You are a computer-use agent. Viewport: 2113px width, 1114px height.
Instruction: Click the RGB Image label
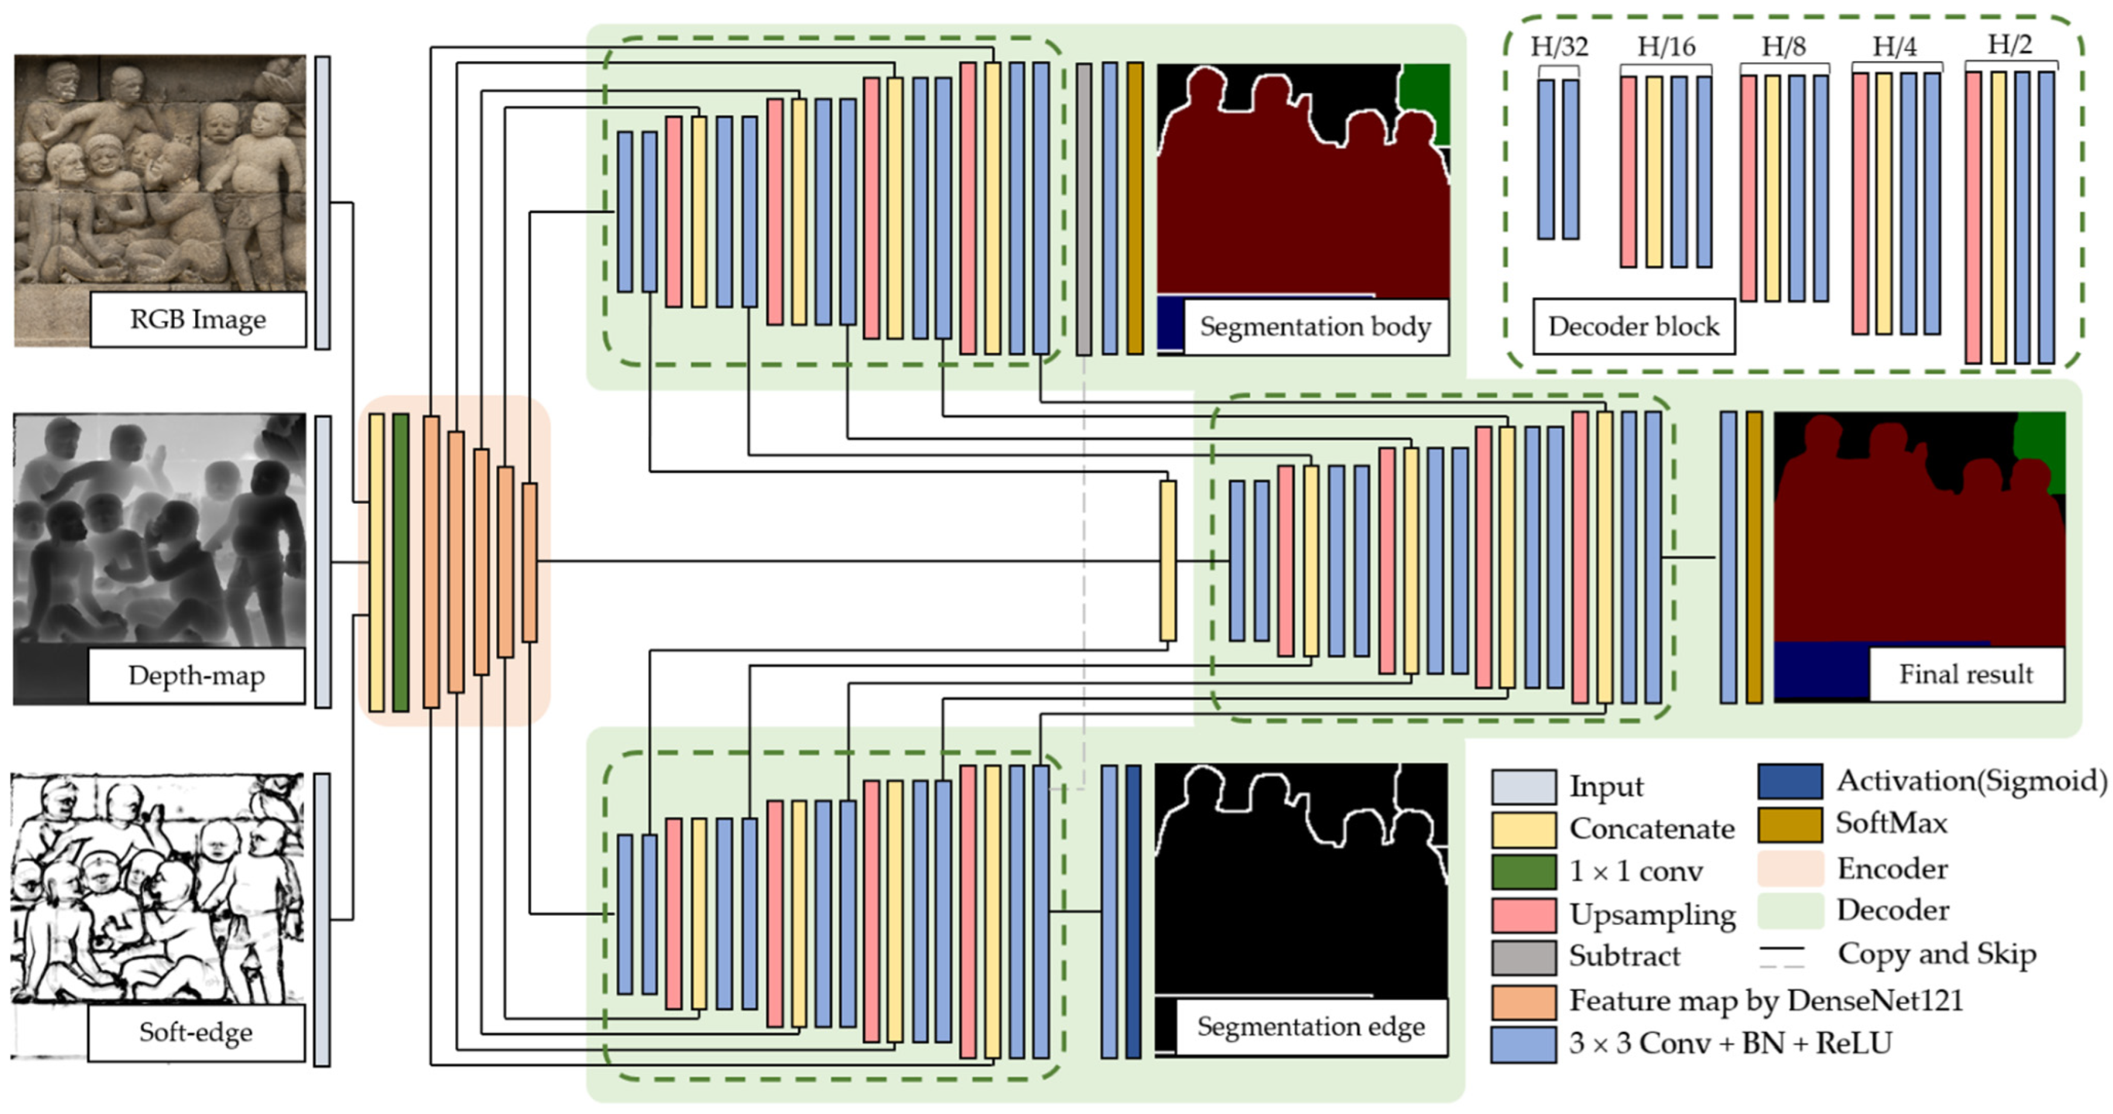(x=198, y=319)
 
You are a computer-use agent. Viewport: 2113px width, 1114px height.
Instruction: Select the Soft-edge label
(x=196, y=1032)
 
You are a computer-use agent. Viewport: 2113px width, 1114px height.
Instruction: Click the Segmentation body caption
(x=1315, y=326)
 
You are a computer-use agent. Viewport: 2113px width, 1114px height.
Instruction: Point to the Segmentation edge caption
(x=1311, y=1026)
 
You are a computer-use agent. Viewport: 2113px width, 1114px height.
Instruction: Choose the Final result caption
(x=1966, y=674)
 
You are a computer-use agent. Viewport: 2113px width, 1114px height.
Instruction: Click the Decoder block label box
(x=1633, y=326)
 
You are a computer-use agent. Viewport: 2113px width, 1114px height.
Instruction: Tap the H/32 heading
(x=1558, y=47)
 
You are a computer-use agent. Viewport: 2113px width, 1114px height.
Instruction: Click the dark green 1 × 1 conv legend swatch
(x=1523, y=872)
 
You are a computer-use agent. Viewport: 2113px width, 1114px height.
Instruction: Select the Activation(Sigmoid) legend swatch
(x=1790, y=782)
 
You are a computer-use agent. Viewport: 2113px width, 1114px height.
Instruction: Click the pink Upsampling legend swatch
(x=1523, y=915)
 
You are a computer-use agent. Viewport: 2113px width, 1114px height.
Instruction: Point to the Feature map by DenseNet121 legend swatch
(x=1523, y=1002)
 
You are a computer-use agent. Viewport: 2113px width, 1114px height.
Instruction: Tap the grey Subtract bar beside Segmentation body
(x=1083, y=209)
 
